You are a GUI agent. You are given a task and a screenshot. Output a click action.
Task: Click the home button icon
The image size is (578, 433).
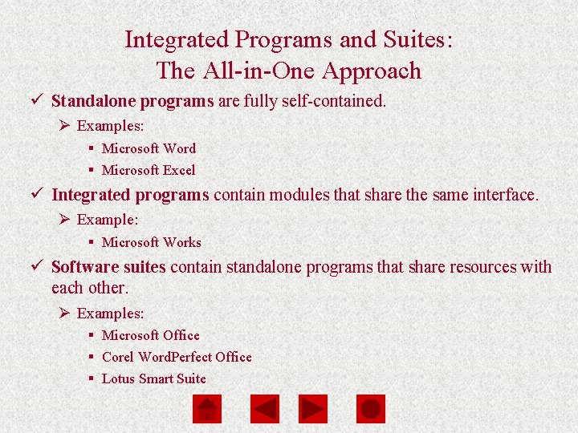click(x=206, y=409)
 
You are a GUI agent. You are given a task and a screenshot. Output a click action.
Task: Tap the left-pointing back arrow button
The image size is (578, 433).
click(x=265, y=409)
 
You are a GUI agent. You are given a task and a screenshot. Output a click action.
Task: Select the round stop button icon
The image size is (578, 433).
click(x=370, y=409)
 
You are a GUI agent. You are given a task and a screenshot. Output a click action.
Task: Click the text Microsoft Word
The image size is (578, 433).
click(x=149, y=148)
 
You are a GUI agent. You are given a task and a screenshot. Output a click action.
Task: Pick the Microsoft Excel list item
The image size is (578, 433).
click(x=149, y=170)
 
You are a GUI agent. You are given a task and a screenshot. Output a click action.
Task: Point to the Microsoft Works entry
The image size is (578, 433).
click(x=151, y=242)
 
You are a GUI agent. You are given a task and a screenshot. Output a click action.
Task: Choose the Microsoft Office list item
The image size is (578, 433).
click(x=150, y=335)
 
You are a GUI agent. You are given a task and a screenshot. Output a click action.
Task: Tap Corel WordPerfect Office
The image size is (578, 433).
click(x=177, y=357)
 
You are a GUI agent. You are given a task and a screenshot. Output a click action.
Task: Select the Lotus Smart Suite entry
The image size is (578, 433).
click(x=153, y=378)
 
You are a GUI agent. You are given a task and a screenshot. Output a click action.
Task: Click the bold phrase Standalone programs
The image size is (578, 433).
click(x=132, y=102)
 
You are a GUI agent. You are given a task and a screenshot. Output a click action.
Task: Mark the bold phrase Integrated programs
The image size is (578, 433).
click(x=130, y=195)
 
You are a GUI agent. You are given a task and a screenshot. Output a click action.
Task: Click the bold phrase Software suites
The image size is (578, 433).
click(x=108, y=267)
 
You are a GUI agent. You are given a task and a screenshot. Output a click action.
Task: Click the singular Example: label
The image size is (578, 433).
click(x=108, y=220)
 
